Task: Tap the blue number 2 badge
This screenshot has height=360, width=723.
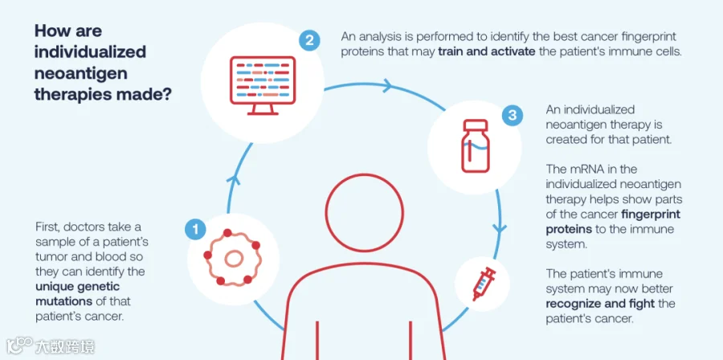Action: [309, 40]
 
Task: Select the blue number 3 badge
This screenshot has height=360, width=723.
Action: [513, 115]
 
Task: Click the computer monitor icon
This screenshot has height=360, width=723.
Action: [263, 85]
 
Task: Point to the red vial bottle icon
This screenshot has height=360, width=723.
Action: [476, 145]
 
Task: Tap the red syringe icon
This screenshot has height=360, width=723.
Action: [484, 284]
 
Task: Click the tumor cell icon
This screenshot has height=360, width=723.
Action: [232, 257]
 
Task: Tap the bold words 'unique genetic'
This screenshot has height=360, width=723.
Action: [77, 287]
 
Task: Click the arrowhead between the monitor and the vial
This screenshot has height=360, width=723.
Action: [387, 85]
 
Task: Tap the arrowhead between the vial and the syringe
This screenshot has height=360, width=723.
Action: [499, 227]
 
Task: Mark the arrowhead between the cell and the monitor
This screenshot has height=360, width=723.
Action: [235, 179]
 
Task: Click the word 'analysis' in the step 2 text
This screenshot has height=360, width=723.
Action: [383, 36]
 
